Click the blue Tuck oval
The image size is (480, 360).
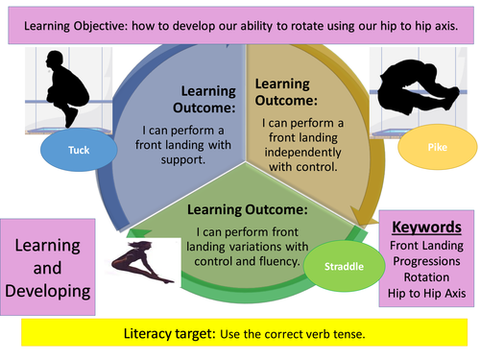coord(79,151)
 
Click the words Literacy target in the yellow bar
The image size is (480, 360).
coord(166,334)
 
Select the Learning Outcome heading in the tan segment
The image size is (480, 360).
coord(287,92)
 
